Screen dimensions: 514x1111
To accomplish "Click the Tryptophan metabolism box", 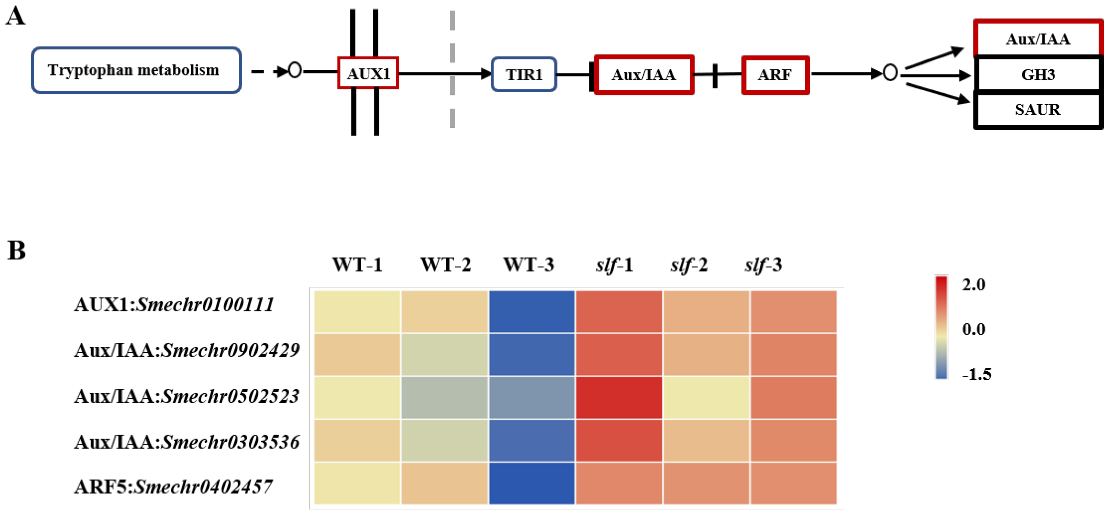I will tap(136, 70).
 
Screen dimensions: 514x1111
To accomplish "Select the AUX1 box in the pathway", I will tap(368, 73).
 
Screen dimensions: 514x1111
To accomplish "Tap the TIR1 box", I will tap(524, 75).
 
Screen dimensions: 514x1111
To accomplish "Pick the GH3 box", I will tap(1038, 75).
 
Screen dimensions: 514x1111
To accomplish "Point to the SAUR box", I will tap(1038, 110).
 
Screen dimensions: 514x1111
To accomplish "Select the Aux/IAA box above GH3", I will tap(1038, 39).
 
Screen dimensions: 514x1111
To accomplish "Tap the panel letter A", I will tap(15, 16).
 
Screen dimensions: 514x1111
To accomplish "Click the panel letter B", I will tap(16, 250).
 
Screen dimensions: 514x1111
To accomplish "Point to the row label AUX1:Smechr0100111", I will tap(174, 305).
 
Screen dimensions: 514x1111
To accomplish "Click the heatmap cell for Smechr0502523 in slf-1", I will tap(618, 397).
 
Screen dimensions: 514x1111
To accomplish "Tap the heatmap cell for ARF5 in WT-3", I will tap(531, 483).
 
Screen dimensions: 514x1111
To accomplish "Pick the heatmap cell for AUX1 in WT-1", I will tap(357, 311).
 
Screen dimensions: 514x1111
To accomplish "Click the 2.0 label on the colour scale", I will tap(974, 285).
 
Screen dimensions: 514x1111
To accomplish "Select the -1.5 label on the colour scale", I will tap(976, 374).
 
